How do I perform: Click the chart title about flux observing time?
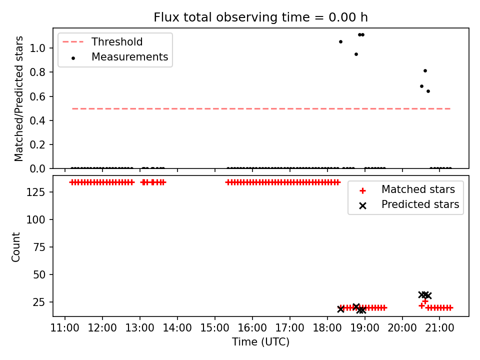click(x=260, y=17)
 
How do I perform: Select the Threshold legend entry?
click(x=102, y=41)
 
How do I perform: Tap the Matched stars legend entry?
click(x=407, y=189)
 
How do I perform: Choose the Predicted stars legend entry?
click(x=408, y=204)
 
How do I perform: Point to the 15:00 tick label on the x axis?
click(x=214, y=328)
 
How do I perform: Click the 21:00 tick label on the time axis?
click(x=439, y=328)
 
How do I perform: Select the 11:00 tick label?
click(x=64, y=328)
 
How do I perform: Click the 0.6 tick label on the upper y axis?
click(x=37, y=96)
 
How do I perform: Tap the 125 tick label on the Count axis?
click(x=36, y=192)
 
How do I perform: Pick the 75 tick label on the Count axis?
click(x=39, y=247)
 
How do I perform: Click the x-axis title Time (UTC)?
click(x=260, y=341)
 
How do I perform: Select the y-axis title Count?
click(x=15, y=247)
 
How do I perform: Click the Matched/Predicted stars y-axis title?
click(x=18, y=98)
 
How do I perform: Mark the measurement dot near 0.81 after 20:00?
click(x=425, y=70)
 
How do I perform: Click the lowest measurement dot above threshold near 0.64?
click(x=428, y=91)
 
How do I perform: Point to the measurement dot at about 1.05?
click(x=340, y=41)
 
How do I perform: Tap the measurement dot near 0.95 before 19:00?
click(x=356, y=54)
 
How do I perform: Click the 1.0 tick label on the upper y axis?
click(x=37, y=48)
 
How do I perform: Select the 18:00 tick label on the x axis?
click(x=327, y=328)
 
